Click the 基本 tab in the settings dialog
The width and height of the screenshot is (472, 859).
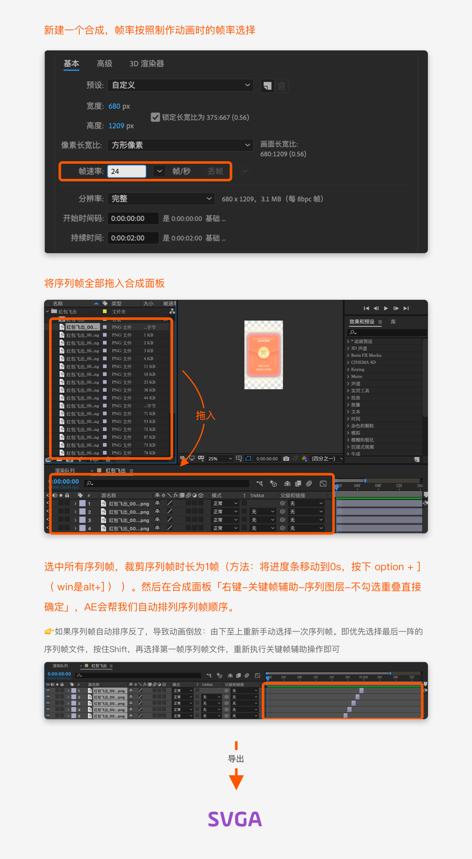(x=71, y=64)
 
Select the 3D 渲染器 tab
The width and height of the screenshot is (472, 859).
(x=146, y=64)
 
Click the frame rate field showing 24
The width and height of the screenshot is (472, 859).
(x=127, y=171)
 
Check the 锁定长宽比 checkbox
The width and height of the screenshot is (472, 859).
(x=155, y=117)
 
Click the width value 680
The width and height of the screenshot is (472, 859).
(x=114, y=106)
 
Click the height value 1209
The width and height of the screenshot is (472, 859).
(x=116, y=126)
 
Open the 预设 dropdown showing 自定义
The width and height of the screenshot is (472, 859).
(x=180, y=85)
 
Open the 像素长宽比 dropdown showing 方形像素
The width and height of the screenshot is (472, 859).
(x=180, y=145)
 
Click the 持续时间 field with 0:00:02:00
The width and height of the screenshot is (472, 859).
(x=133, y=238)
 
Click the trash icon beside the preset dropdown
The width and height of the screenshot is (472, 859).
(x=282, y=86)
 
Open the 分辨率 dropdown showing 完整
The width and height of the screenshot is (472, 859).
(x=161, y=199)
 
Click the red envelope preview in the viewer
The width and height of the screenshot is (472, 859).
(x=263, y=354)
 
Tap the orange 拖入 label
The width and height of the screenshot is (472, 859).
(x=205, y=416)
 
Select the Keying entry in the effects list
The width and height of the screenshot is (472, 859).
(x=357, y=369)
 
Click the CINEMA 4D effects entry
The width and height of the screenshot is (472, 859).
(x=363, y=362)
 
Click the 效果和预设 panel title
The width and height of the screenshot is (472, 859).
(x=362, y=322)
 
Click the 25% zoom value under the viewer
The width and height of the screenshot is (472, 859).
(x=213, y=458)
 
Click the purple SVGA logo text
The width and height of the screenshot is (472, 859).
(x=235, y=819)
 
